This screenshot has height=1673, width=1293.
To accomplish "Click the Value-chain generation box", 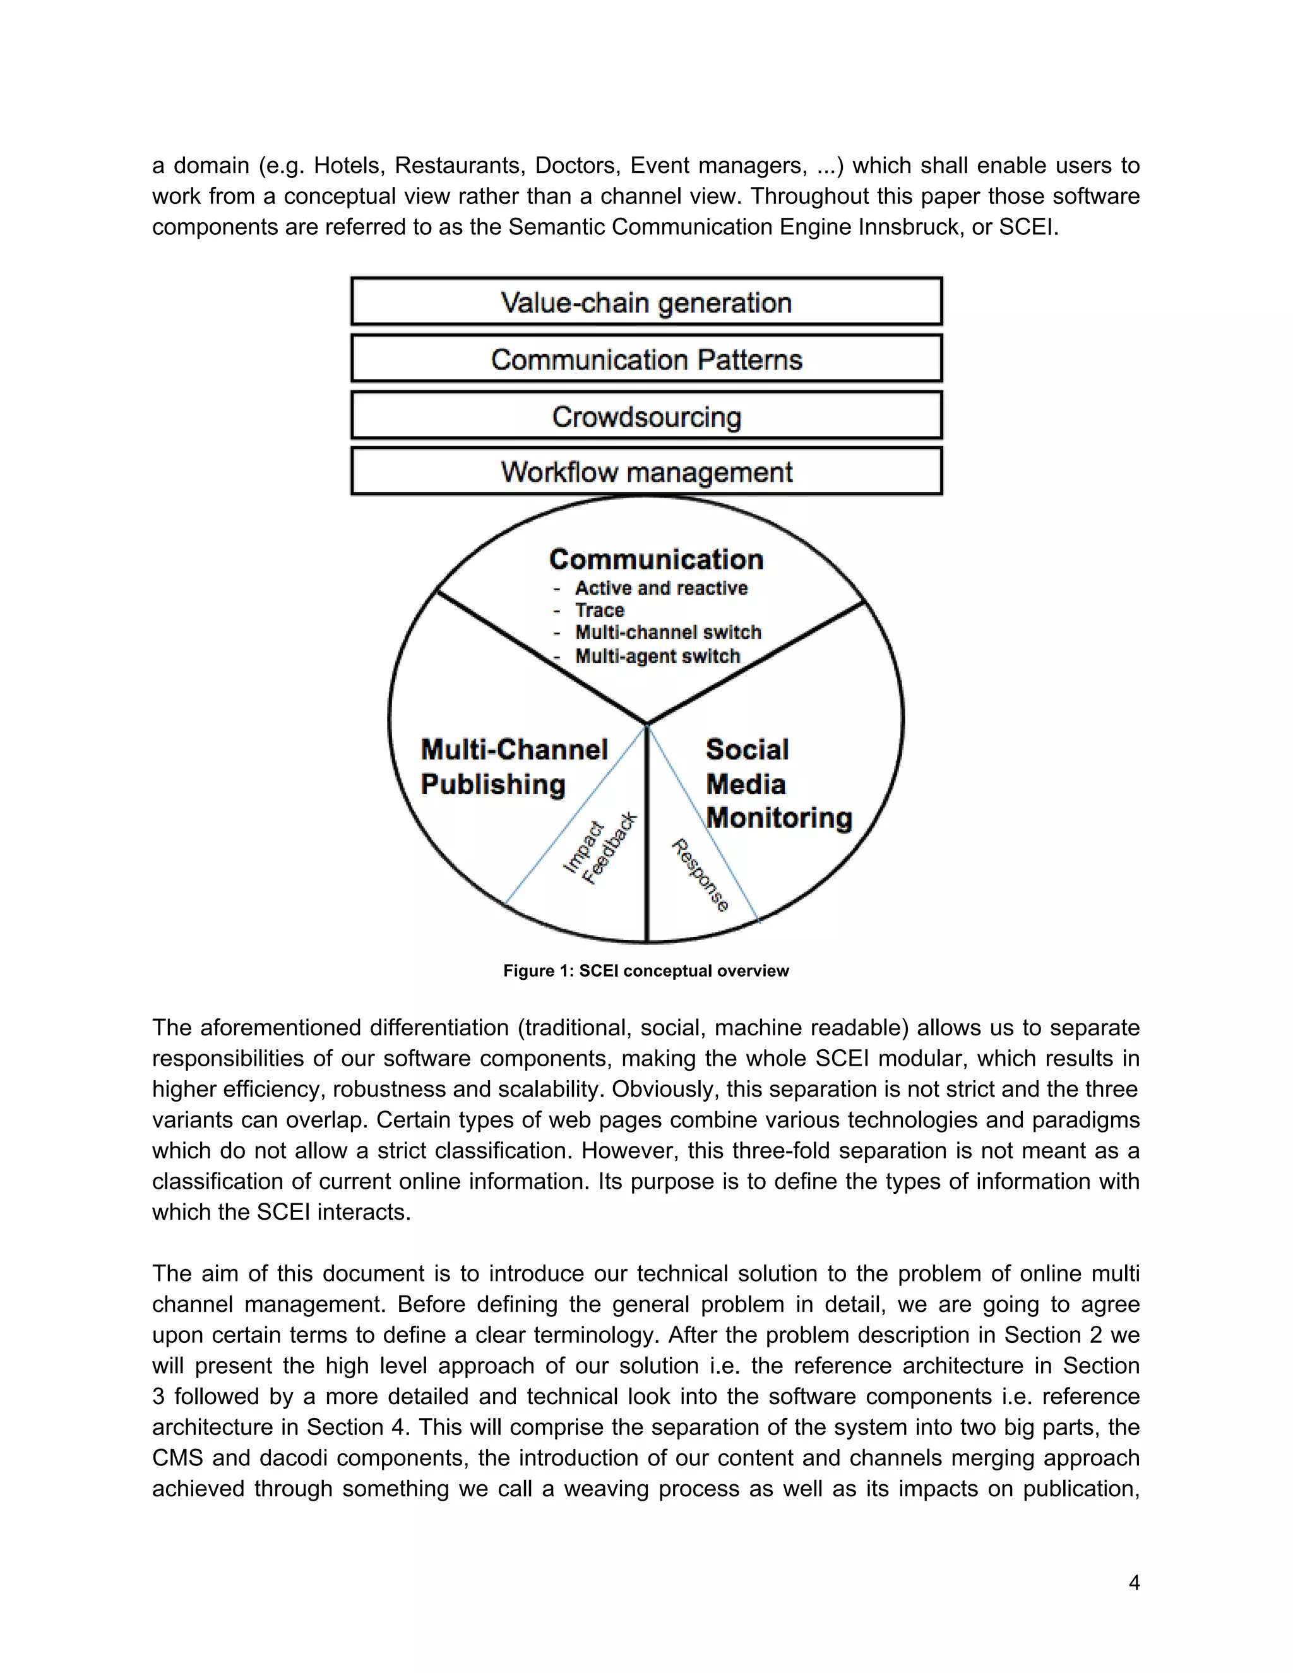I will click(646, 302).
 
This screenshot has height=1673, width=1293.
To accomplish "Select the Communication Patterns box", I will click(646, 359).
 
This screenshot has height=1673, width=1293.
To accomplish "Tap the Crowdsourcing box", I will click(646, 416).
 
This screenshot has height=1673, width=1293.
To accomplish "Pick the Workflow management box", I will click(646, 471).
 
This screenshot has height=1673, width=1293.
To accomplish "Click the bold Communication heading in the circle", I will click(656, 559).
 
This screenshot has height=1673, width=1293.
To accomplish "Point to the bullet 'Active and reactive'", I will click(660, 588).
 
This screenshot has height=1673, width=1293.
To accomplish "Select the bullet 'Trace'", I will click(599, 610).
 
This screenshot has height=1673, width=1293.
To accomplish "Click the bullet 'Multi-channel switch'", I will click(667, 632).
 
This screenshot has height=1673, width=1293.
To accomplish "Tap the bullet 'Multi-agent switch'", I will click(657, 656).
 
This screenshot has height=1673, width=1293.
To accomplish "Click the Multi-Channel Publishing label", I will click(513, 767).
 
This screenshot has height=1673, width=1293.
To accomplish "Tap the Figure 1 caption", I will click(646, 970).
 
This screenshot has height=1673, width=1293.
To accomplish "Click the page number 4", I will click(1134, 1582).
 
